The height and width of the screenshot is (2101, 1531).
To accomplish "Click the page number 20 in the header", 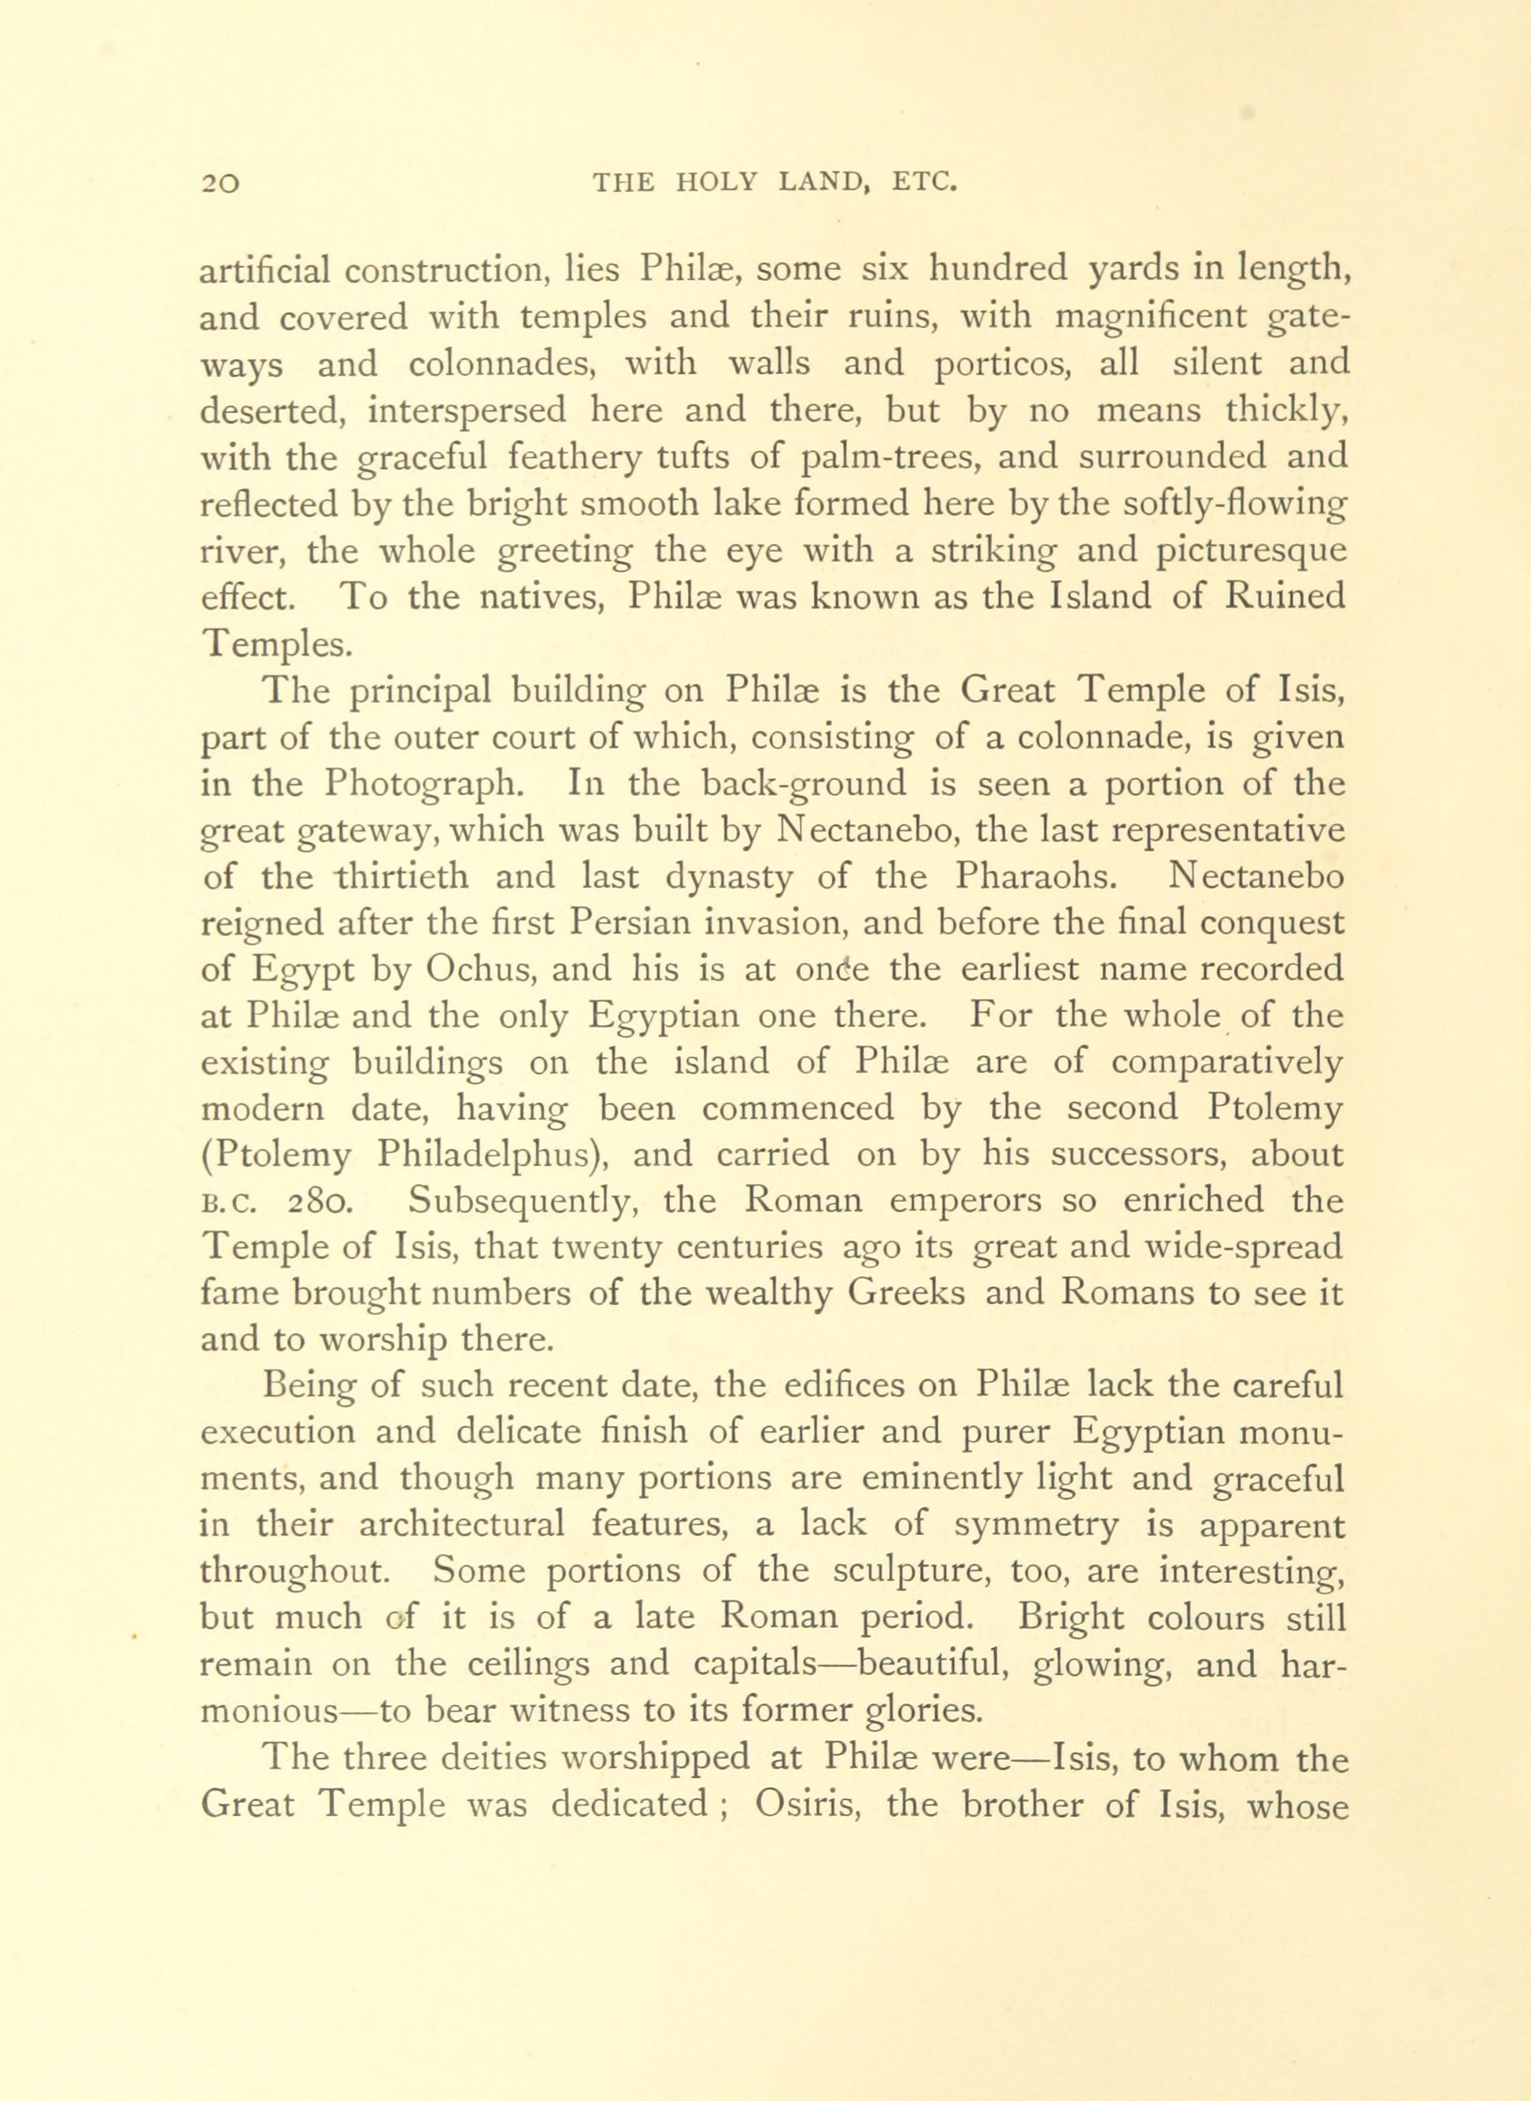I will click(220, 183).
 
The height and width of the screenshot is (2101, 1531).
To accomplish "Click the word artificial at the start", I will click(265, 271).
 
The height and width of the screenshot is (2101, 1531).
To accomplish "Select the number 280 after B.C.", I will click(319, 1202).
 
